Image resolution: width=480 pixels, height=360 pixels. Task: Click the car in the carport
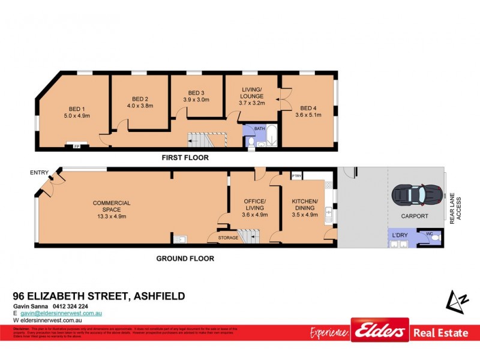(416, 194)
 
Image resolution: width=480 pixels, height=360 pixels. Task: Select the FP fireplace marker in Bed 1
(76, 146)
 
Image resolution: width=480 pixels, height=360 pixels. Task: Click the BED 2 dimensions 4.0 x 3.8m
(139, 106)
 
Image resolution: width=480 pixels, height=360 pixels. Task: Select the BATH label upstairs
(259, 128)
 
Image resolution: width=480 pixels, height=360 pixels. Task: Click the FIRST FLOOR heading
(184, 158)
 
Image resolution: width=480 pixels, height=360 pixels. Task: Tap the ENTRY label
(38, 173)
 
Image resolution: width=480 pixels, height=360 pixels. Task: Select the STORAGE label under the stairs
(228, 238)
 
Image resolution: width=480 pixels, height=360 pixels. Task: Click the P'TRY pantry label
(296, 176)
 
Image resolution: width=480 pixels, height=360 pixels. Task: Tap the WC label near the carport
(429, 234)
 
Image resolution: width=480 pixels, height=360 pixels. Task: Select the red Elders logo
(380, 330)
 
